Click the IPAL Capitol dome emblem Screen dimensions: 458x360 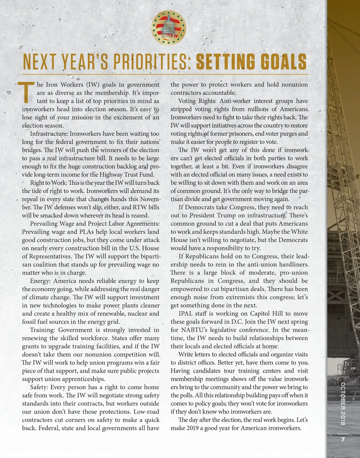point(169,27)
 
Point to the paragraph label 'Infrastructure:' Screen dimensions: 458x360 point(49,134)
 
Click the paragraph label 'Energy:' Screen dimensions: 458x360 point(40,281)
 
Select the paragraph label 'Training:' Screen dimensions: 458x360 point(43,330)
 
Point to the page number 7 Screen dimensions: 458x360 point(343,440)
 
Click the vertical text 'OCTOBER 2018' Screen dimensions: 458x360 point(343,403)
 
